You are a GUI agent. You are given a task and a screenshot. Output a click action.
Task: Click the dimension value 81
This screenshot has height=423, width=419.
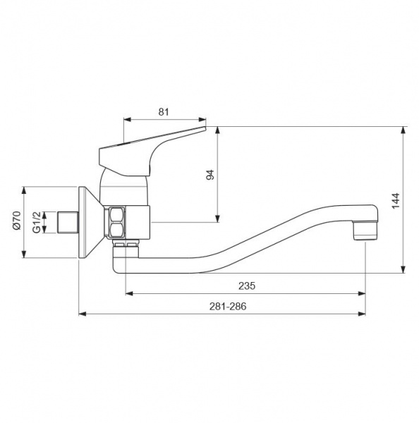coord(164,111)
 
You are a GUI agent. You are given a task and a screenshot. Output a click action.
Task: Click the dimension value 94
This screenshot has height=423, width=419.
coord(209,175)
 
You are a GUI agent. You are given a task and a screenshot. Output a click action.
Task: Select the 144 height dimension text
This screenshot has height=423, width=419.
coord(396,201)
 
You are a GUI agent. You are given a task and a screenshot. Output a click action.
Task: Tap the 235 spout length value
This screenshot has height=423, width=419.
coord(247,286)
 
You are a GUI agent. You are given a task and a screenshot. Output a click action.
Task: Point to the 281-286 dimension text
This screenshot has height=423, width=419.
coord(228,306)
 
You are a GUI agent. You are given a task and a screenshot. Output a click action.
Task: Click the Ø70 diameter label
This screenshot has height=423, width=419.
coord(16,220)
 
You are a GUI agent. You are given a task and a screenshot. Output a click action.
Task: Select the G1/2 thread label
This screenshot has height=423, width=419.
coord(37,222)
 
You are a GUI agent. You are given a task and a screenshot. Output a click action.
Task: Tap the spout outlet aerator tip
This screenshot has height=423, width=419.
coord(365,231)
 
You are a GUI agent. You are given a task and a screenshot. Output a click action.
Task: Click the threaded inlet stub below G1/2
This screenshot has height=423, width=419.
coord(68,223)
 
